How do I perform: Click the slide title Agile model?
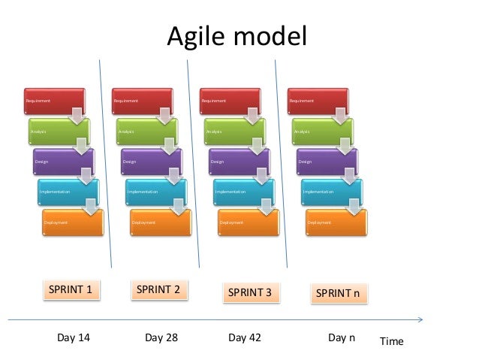pyautogui.click(x=236, y=36)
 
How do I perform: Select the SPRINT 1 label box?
pyautogui.click(x=71, y=289)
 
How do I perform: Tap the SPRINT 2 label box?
pyautogui.click(x=158, y=289)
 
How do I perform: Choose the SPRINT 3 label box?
pyautogui.click(x=249, y=292)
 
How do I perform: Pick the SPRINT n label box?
pyautogui.click(x=338, y=292)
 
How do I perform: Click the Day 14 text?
pyautogui.click(x=74, y=337)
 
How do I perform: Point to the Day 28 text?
pyautogui.click(x=161, y=337)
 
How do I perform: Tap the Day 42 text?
pyautogui.click(x=245, y=337)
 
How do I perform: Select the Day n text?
pyautogui.click(x=342, y=337)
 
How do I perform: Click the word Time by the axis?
pyautogui.click(x=391, y=341)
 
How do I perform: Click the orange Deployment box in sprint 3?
pyautogui.click(x=247, y=222)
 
